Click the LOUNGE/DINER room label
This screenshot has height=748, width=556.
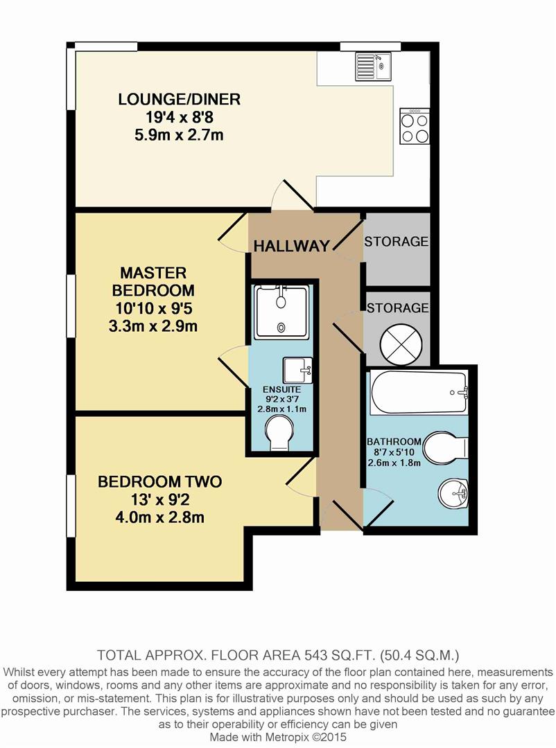[179, 99]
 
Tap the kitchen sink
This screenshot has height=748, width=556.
[372, 66]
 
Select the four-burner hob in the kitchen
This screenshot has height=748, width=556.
[415, 126]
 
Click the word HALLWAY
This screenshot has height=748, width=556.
[291, 246]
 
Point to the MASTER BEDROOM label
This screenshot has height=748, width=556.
[153, 281]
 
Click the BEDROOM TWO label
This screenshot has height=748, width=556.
[160, 481]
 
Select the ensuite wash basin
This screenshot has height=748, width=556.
[297, 370]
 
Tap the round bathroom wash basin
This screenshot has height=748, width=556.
[453, 493]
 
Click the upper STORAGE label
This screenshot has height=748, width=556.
[396, 242]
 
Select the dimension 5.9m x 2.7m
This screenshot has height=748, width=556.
[179, 135]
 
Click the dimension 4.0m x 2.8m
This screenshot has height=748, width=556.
[160, 517]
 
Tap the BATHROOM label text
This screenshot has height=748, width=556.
[394, 442]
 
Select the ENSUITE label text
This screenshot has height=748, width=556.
[282, 390]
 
